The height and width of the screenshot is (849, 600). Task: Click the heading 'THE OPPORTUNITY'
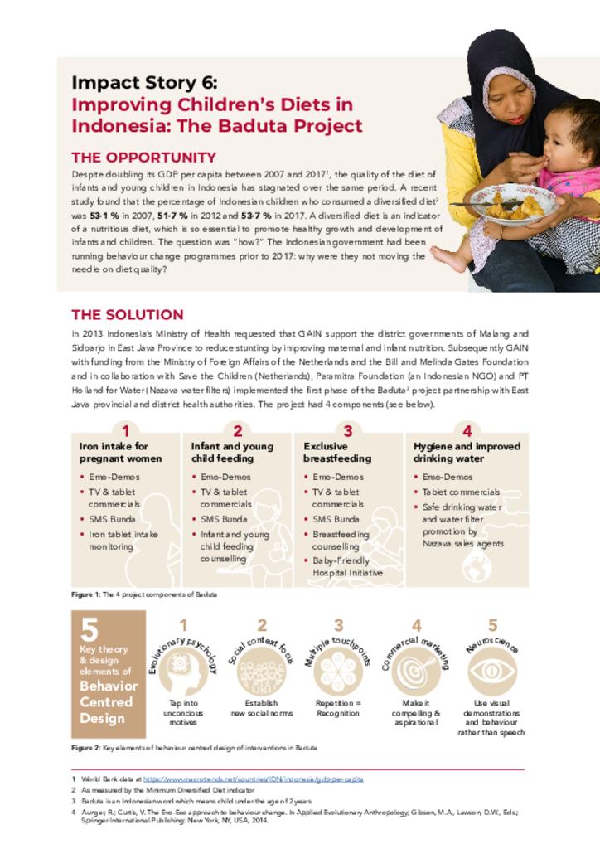point(143,158)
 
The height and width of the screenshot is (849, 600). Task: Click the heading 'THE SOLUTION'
point(127,315)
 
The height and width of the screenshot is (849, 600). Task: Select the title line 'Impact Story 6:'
point(144,83)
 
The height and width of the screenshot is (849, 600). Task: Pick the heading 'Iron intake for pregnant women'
point(121,452)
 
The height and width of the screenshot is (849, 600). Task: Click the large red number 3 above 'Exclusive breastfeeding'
point(348,431)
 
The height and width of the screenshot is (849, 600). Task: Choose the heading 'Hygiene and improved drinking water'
point(467,452)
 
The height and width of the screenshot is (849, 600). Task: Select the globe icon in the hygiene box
point(477,568)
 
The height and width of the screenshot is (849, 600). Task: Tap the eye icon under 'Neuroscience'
point(492,670)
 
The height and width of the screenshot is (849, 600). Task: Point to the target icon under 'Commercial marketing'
point(416,670)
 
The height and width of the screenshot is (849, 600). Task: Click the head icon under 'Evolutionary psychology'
point(182,670)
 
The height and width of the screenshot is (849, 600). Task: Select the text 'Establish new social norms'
point(261,708)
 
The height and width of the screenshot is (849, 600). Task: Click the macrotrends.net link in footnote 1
point(252,779)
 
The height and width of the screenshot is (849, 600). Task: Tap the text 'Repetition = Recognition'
point(337,708)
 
